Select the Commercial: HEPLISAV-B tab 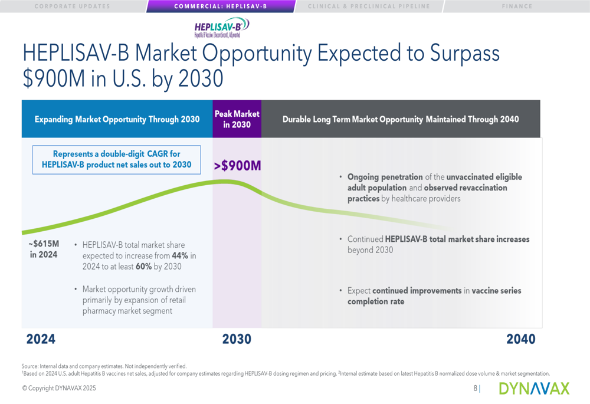[221, 6]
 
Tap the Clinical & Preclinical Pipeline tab [369, 6]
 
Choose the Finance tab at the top [517, 6]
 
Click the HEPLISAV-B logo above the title [221, 28]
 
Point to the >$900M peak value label [237, 166]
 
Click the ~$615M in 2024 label [44, 249]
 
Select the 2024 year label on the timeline [41, 339]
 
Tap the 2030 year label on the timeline [237, 339]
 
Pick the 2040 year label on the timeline [521, 339]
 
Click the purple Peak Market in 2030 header [237, 119]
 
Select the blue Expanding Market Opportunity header [117, 119]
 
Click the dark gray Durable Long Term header [401, 119]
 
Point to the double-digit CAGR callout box [116, 159]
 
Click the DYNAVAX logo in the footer [534, 388]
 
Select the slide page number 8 [476, 389]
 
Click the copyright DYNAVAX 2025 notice [59, 389]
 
